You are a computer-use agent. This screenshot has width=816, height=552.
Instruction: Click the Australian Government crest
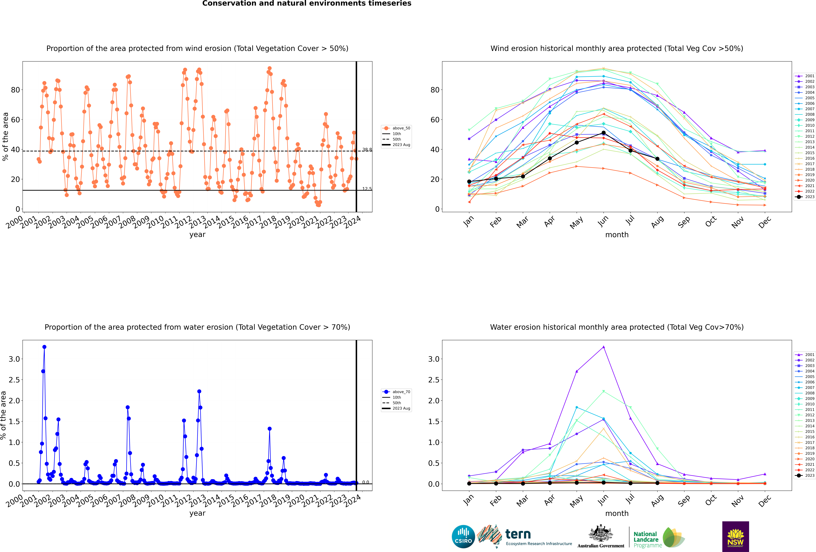(601, 534)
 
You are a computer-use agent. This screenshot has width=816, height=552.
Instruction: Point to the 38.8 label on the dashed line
(367, 150)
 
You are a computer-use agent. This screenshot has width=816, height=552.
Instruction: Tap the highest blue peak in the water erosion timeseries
(44, 347)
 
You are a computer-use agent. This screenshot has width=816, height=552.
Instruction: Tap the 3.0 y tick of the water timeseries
(14, 359)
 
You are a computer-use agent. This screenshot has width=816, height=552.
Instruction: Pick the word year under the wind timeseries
(197, 235)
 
